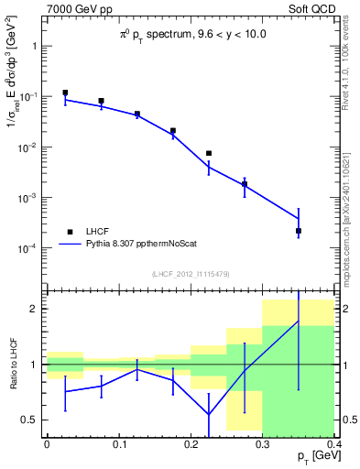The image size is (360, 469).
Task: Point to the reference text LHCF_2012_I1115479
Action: tap(191, 273)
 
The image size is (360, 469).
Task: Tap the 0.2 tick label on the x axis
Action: tap(191, 443)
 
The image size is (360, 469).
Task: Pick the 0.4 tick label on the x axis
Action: tap(334, 443)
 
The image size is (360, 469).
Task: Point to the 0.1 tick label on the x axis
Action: tap(119, 443)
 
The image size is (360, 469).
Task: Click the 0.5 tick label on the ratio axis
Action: tap(31, 420)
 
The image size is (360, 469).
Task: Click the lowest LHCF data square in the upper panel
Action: tap(299, 231)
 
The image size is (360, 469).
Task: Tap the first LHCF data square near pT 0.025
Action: tap(65, 93)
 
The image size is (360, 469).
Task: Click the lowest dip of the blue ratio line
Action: tap(209, 414)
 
